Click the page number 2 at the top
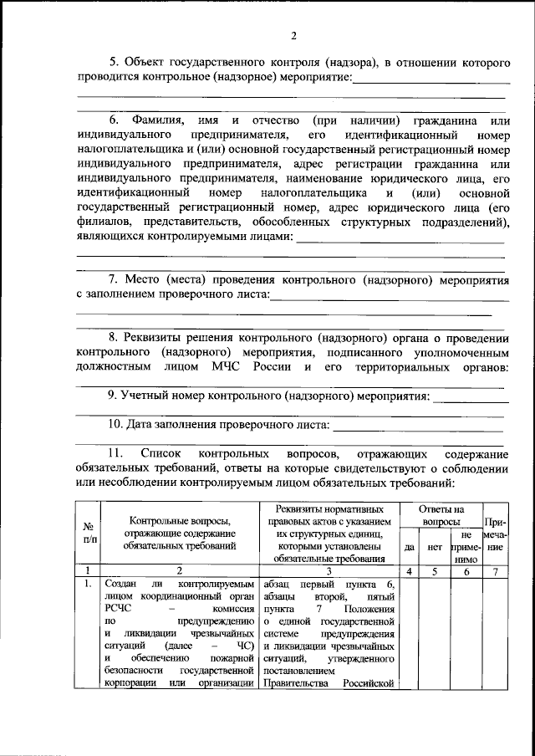click(x=293, y=35)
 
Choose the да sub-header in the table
click(x=409, y=547)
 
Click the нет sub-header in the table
click(x=435, y=547)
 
